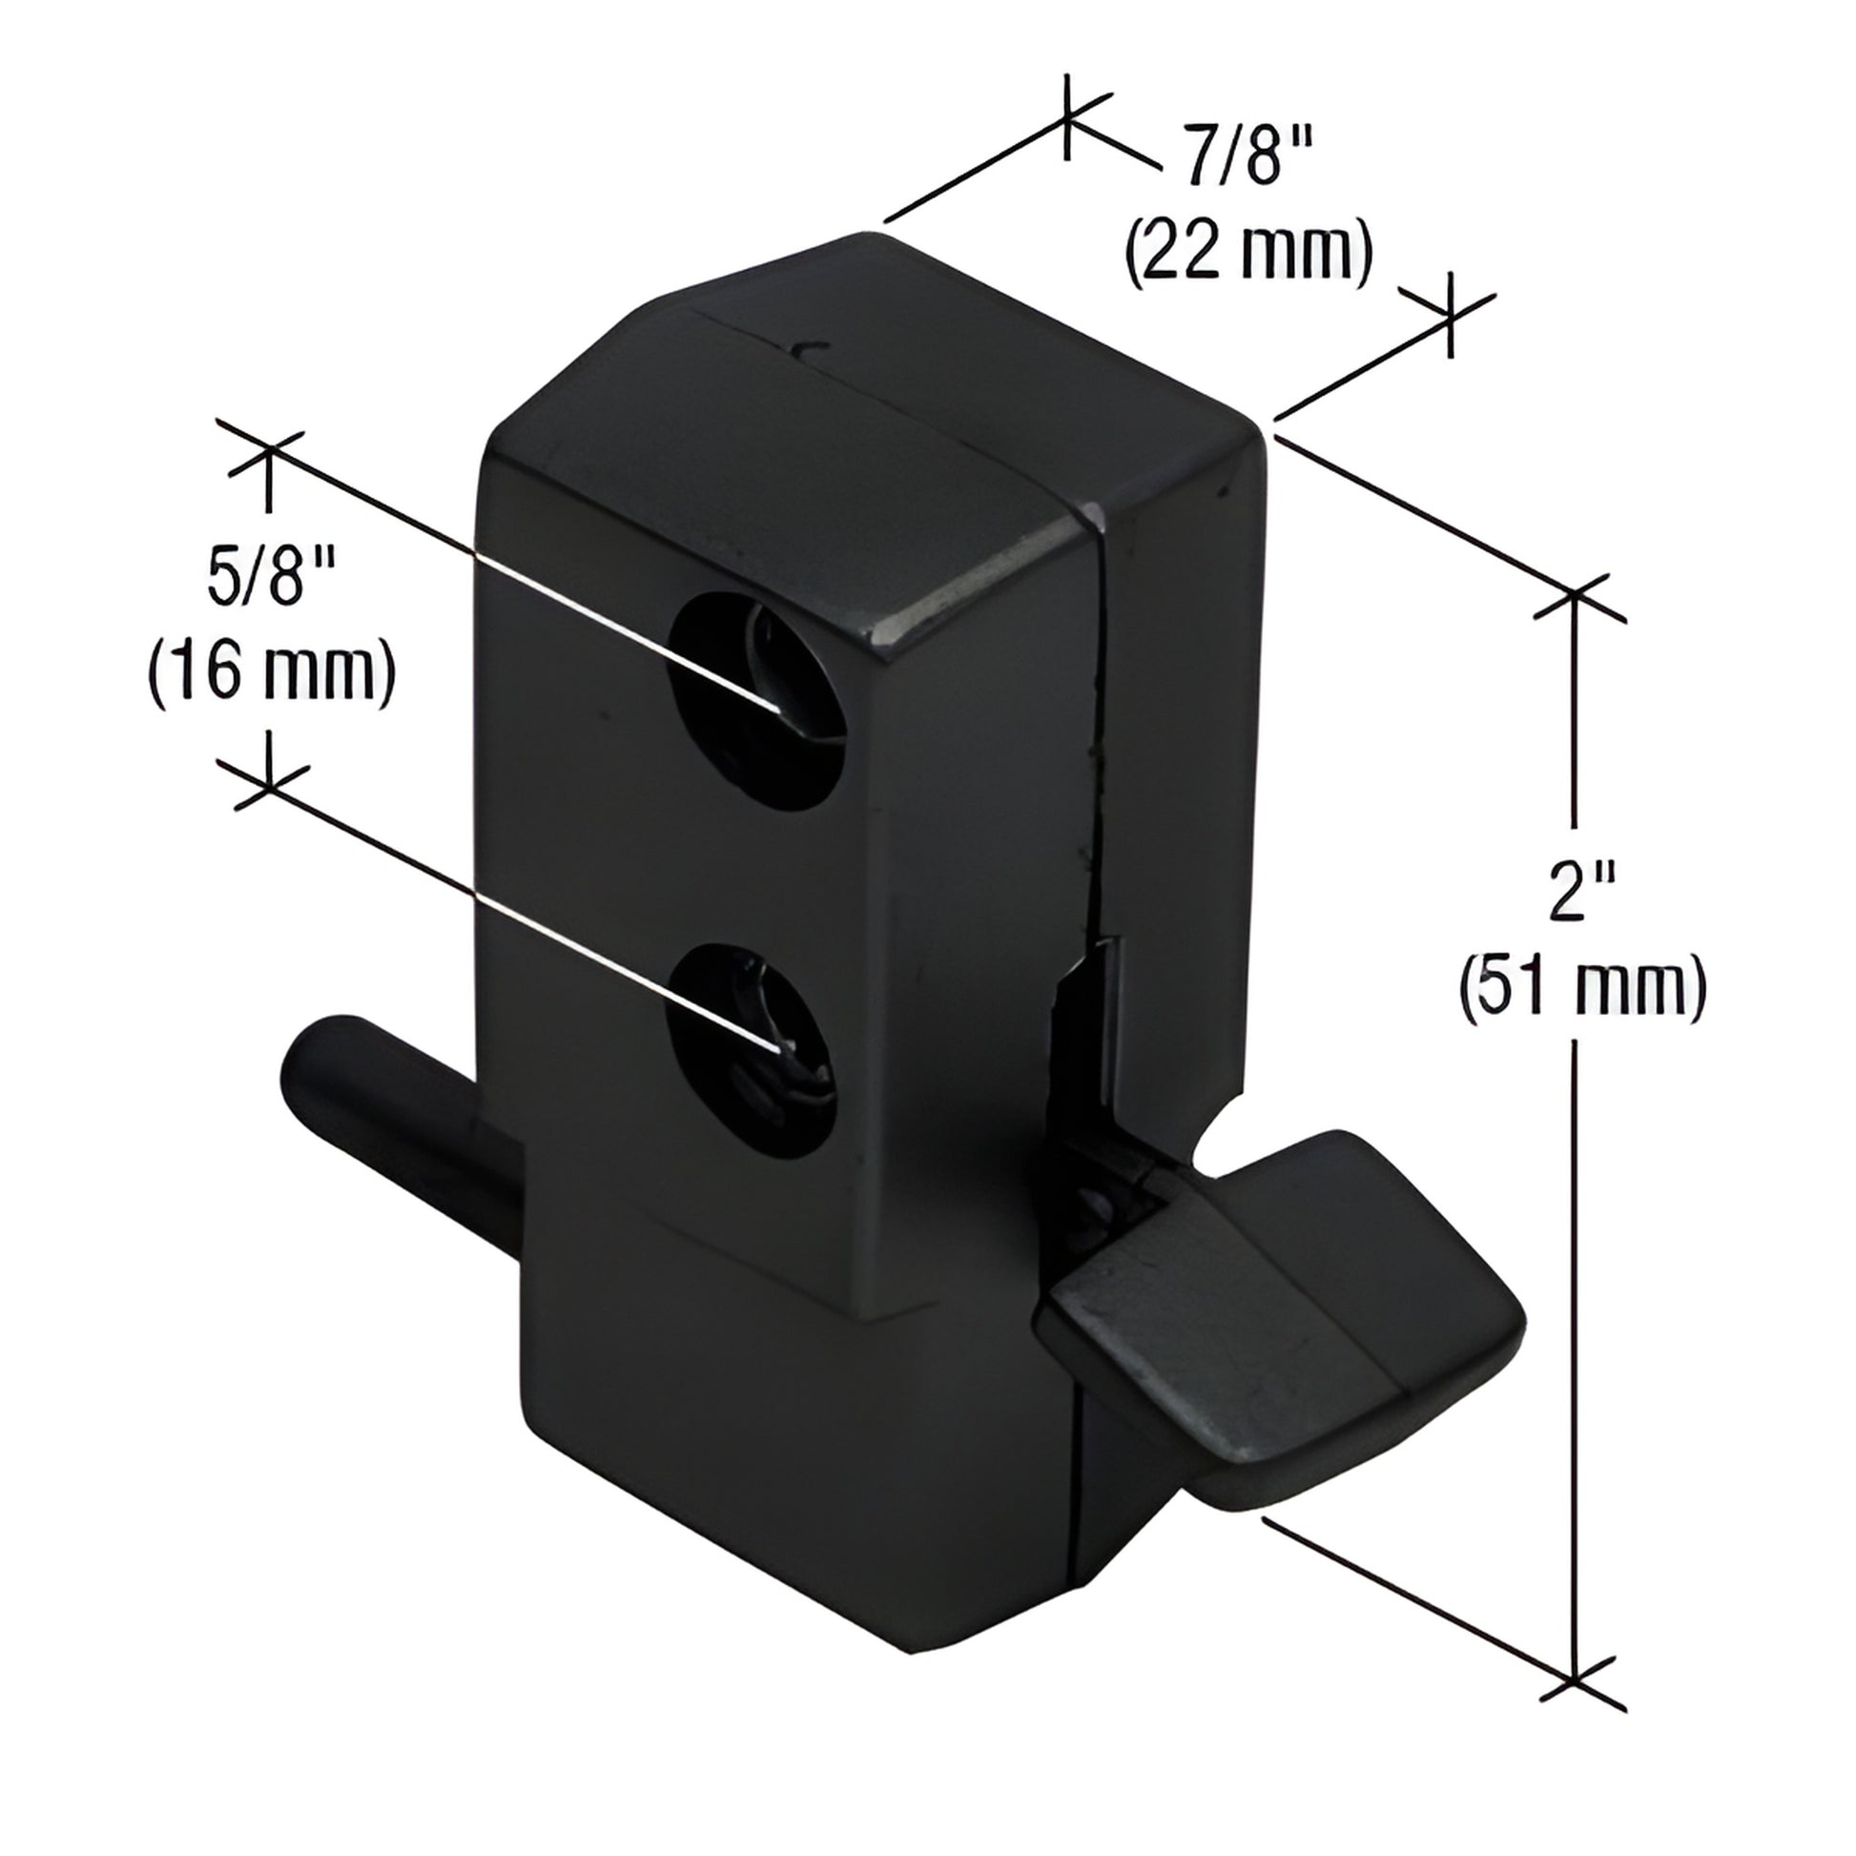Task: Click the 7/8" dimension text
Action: click(x=1246, y=160)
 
